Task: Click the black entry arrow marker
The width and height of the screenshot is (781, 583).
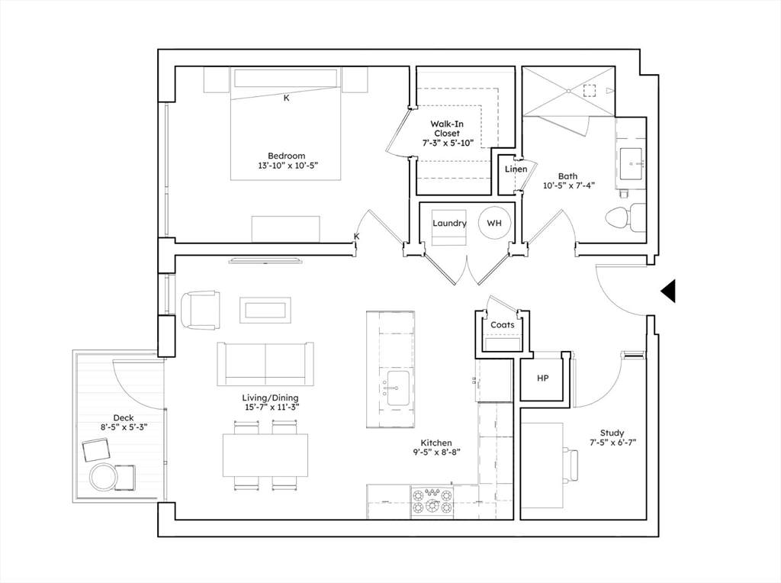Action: [x=668, y=291]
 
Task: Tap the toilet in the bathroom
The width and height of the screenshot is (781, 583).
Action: [x=625, y=217]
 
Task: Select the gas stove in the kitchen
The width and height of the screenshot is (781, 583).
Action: [x=432, y=501]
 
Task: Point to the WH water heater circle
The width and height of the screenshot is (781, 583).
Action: [x=494, y=224]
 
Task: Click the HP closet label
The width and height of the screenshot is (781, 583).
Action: [x=543, y=378]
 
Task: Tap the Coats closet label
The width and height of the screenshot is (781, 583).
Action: [x=502, y=325]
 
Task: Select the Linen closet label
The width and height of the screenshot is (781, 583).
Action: [x=516, y=169]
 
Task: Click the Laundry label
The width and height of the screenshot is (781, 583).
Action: [x=449, y=224]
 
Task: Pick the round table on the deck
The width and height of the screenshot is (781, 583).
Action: [x=104, y=477]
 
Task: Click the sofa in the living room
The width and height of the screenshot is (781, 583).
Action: [x=265, y=364]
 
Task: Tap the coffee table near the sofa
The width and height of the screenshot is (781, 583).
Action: [x=265, y=310]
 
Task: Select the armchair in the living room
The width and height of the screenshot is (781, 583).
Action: [x=201, y=310]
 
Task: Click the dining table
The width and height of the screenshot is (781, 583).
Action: [x=265, y=455]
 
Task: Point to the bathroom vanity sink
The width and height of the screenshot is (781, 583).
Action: [x=631, y=163]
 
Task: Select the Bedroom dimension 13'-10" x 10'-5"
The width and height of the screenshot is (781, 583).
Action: [x=288, y=165]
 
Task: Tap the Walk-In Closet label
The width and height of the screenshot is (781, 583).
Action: [x=447, y=128]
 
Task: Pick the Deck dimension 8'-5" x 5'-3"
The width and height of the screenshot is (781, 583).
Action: [x=124, y=427]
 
